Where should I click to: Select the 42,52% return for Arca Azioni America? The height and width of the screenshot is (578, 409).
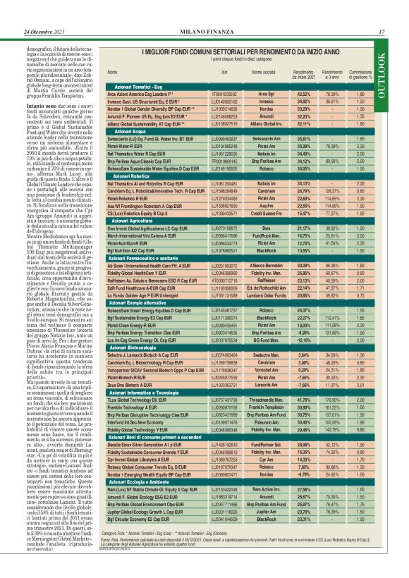click(304, 92)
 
